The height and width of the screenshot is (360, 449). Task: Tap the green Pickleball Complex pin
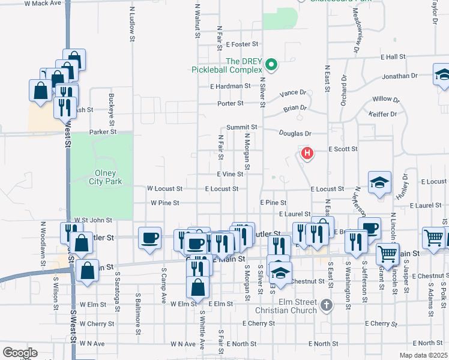point(271,64)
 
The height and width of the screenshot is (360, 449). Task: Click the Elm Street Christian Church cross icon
point(327,305)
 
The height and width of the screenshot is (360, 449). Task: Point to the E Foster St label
point(242,44)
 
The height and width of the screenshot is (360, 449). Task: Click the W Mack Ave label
point(43,3)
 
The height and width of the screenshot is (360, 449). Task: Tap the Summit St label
point(241,128)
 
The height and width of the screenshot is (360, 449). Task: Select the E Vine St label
point(229,174)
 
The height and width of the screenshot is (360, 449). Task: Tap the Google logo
point(20,352)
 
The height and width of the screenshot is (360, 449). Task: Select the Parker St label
point(102,132)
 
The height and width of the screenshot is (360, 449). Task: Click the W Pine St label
point(164,203)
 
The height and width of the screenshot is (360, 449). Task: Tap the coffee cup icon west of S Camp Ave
point(149,238)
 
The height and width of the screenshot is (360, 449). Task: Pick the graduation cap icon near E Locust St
point(379,183)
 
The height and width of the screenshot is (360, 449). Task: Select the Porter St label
point(231,103)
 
